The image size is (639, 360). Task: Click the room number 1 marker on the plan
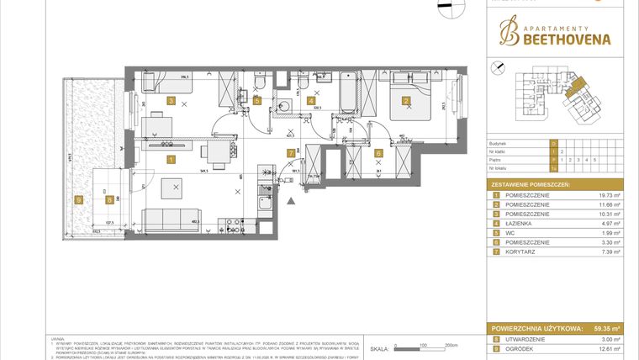pyautogui.click(x=172, y=158)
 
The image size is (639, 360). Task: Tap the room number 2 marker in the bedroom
pyautogui.click(x=406, y=101)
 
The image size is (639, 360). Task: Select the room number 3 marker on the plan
pyautogui.click(x=172, y=101)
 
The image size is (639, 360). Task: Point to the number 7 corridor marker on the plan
pyautogui.click(x=292, y=153)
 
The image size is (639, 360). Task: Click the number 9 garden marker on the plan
pyautogui.click(x=79, y=199)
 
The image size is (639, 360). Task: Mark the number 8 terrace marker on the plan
pyautogui.click(x=108, y=199)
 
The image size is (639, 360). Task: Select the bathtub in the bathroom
pyautogui.click(x=350, y=96)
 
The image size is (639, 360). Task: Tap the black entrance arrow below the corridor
pyautogui.click(x=291, y=202)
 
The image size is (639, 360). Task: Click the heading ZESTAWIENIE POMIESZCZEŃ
pyautogui.click(x=531, y=183)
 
